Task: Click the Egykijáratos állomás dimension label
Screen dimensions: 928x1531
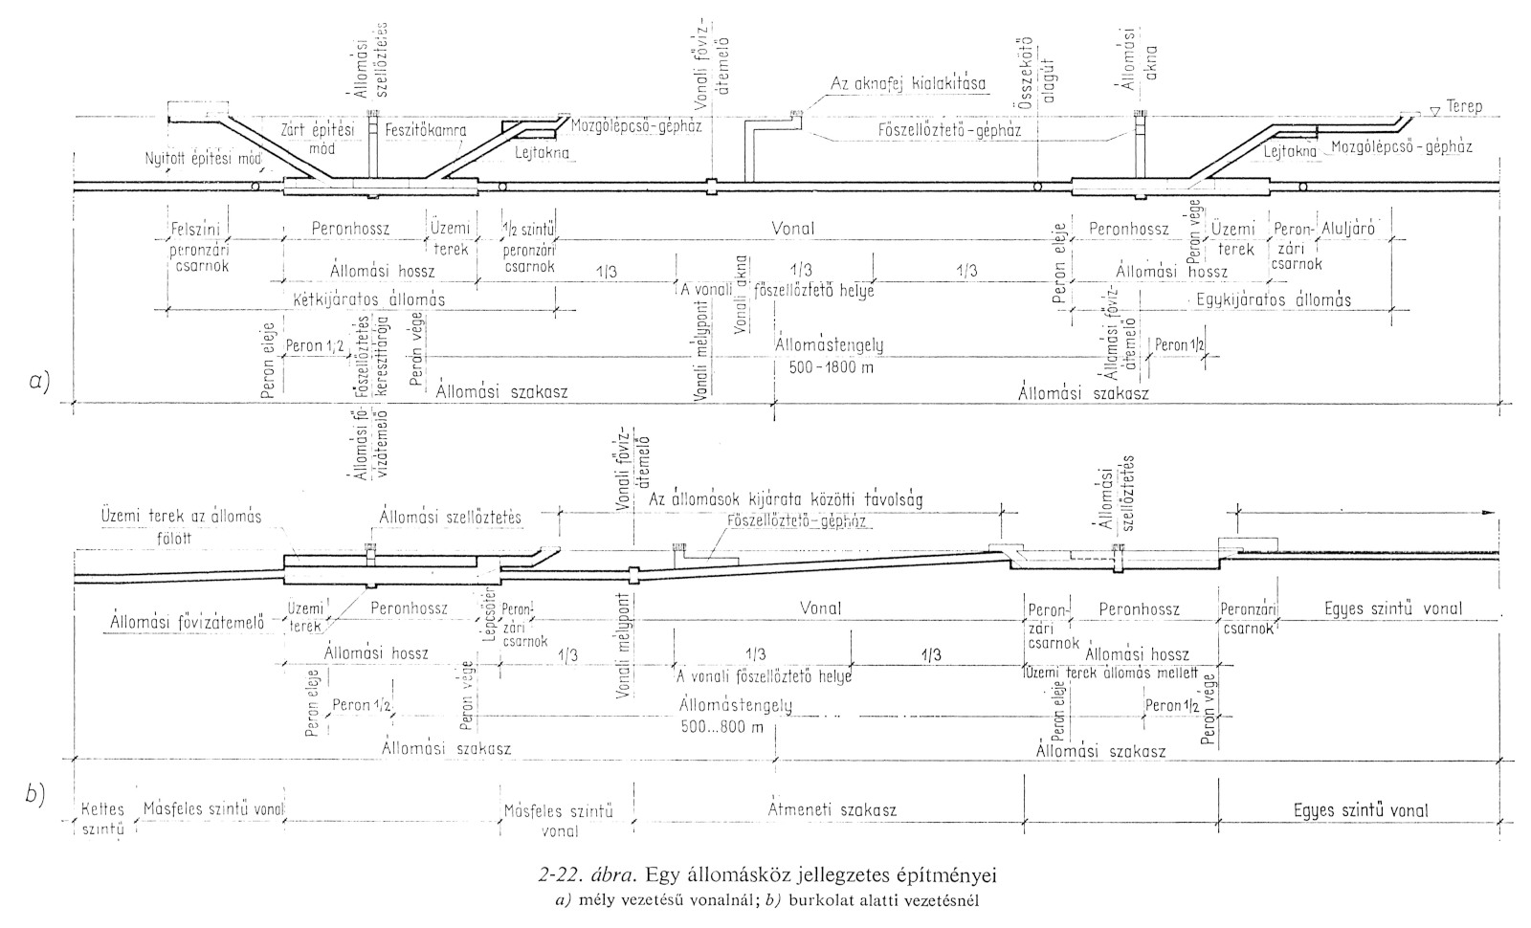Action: [x=1273, y=299]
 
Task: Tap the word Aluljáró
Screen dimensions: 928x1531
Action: [x=1347, y=230]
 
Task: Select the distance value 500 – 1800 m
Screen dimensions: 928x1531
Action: [x=829, y=367]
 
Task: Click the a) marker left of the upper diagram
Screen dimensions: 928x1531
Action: [x=38, y=383]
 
